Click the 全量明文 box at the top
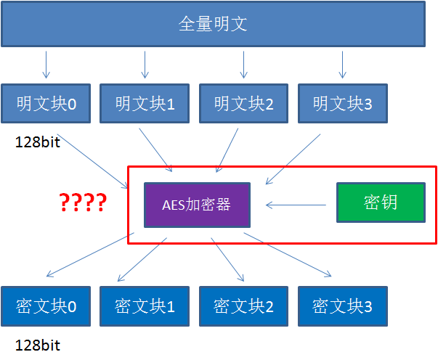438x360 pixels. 213,25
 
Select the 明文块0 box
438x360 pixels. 46,105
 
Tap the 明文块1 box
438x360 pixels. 145,105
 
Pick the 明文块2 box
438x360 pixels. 244,105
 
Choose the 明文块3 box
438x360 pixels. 343,105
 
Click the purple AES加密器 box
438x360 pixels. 197,205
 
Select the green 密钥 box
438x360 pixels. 379,202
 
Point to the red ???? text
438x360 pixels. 83,202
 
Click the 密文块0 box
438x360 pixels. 46,306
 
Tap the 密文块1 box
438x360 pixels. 145,306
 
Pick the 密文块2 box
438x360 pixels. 244,306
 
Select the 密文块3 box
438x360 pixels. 343,306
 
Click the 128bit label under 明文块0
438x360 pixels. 38,142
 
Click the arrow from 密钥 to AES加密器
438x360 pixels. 295,205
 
